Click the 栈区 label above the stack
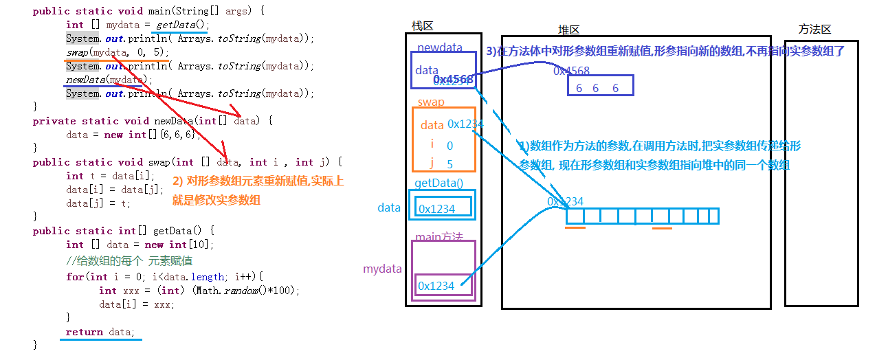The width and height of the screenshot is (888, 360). coord(423,26)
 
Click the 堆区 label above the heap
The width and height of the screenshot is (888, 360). coord(569,30)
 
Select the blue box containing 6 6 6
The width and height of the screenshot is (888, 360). coord(600,87)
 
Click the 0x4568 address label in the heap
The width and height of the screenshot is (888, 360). coord(571,71)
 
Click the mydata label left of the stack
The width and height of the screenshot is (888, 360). coord(382,269)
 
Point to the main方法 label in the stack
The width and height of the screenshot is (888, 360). coord(439,237)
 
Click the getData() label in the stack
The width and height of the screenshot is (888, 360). coord(439,183)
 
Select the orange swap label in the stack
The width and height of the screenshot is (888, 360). coord(431,102)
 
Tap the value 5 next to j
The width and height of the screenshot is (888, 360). coord(450,164)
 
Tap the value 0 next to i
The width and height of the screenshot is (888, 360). coord(450,146)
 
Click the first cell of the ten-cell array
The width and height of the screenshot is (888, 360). coord(575,216)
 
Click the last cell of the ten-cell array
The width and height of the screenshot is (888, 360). coord(711,216)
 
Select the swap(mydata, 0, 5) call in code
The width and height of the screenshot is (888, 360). coord(117,53)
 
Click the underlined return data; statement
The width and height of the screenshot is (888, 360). coord(100,332)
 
